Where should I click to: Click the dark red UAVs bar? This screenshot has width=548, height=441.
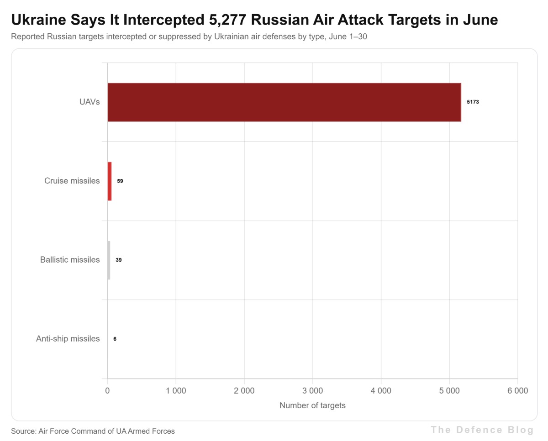click(x=284, y=102)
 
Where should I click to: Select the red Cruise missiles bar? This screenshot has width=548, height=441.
click(x=110, y=181)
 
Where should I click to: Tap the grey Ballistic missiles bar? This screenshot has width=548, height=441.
click(x=109, y=260)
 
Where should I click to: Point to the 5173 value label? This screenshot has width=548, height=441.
click(x=473, y=102)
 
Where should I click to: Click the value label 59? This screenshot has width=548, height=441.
click(x=120, y=181)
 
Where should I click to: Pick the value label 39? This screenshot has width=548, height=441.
click(x=119, y=260)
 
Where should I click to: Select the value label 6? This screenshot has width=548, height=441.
click(x=115, y=339)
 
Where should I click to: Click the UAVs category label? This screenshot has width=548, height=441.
click(x=90, y=102)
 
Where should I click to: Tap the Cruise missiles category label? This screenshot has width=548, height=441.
click(x=72, y=181)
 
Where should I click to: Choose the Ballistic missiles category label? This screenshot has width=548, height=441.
click(x=70, y=259)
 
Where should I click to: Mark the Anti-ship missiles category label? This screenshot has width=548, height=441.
click(x=68, y=339)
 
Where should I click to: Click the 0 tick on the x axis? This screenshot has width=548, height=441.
click(x=107, y=391)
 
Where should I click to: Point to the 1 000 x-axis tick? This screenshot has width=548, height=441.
click(x=176, y=391)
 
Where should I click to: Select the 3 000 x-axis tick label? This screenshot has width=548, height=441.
click(x=313, y=391)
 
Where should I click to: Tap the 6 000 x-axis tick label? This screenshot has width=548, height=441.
click(x=518, y=391)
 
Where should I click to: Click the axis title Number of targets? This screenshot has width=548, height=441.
click(x=312, y=405)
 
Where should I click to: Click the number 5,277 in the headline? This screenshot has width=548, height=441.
click(x=228, y=20)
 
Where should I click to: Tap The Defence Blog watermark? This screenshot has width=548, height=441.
click(x=482, y=430)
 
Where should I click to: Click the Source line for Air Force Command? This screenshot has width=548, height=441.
click(x=93, y=431)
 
